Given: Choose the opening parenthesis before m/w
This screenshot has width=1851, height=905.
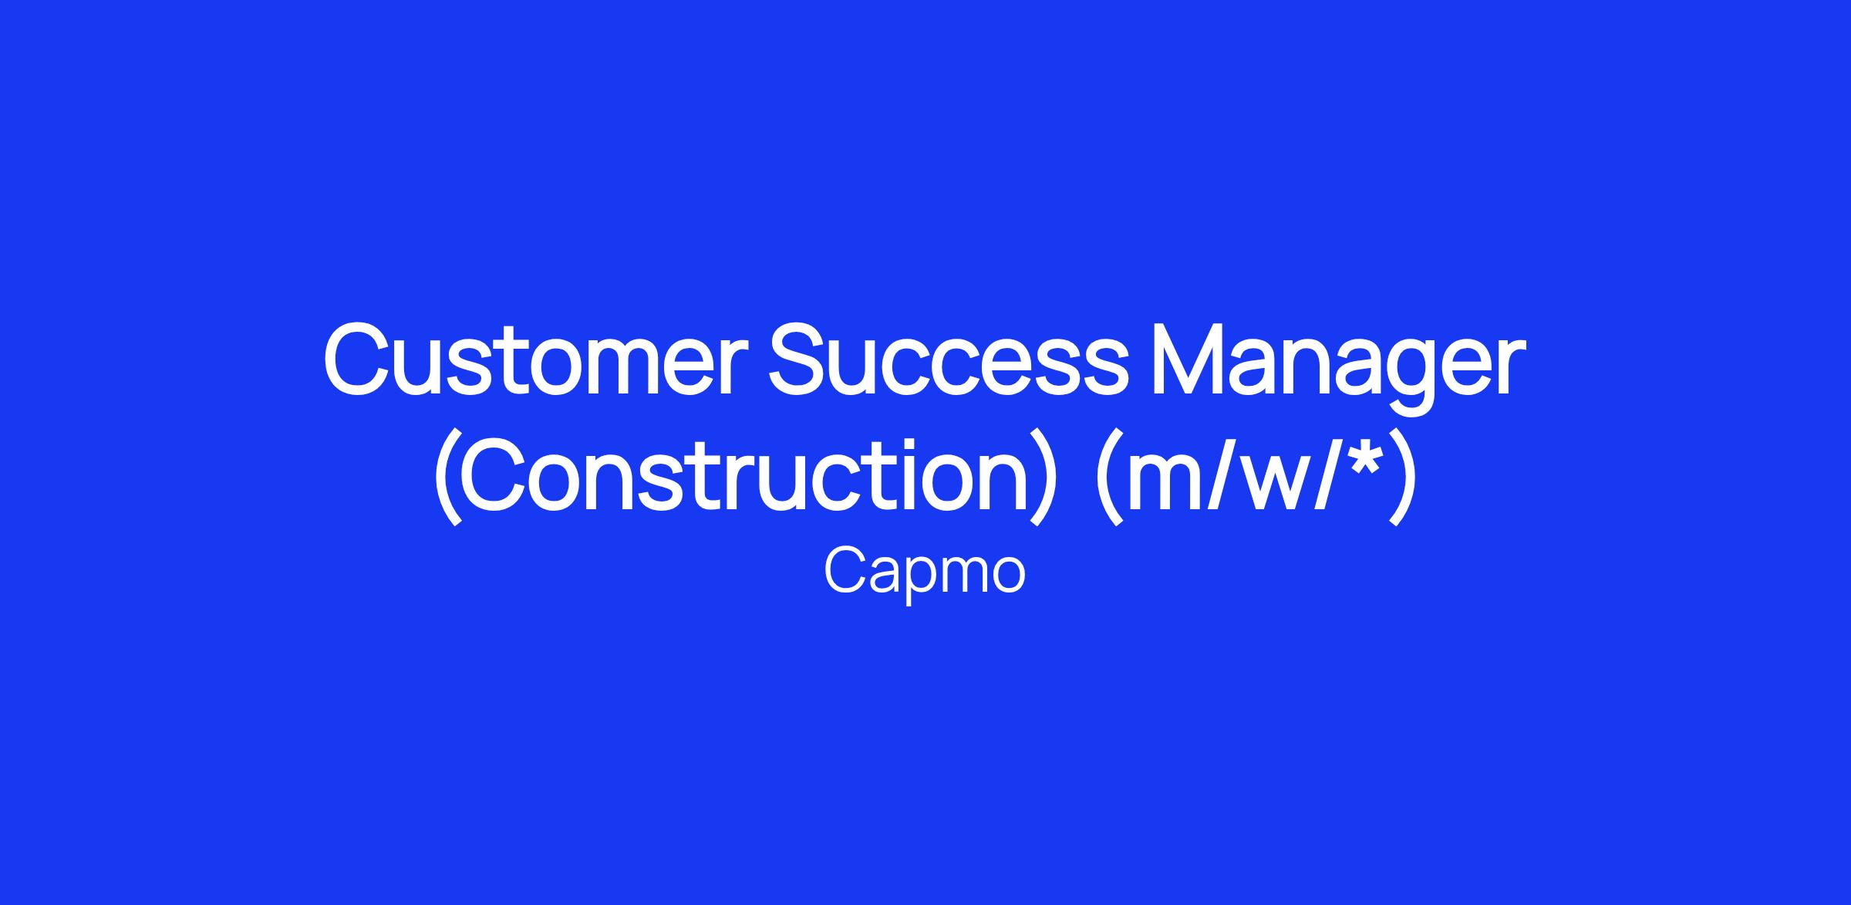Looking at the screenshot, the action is pos(1108,479).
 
